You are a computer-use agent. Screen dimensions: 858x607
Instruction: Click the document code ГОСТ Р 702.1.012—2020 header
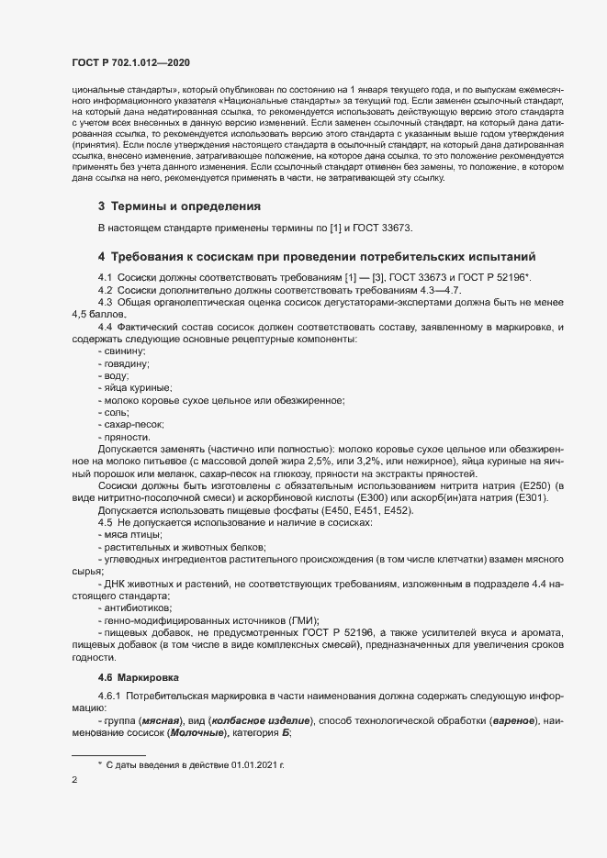click(130, 62)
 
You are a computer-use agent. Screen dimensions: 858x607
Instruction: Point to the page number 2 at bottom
click(74, 780)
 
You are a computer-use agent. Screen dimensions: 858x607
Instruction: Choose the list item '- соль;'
click(114, 413)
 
